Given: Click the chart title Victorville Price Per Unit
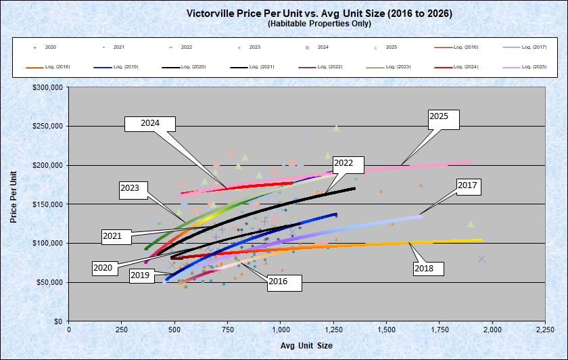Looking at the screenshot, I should click(x=319, y=14).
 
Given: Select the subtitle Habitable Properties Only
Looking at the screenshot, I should click(x=319, y=24).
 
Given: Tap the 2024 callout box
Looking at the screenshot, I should click(x=150, y=123).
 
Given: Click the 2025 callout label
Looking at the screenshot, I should click(x=444, y=118).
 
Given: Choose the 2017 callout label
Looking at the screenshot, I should click(x=467, y=184).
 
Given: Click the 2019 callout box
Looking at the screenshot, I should click(x=140, y=276).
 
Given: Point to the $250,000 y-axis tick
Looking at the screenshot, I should click(x=48, y=127).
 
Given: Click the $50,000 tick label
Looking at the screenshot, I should click(x=50, y=282).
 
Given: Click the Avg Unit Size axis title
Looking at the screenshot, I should click(x=307, y=345).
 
